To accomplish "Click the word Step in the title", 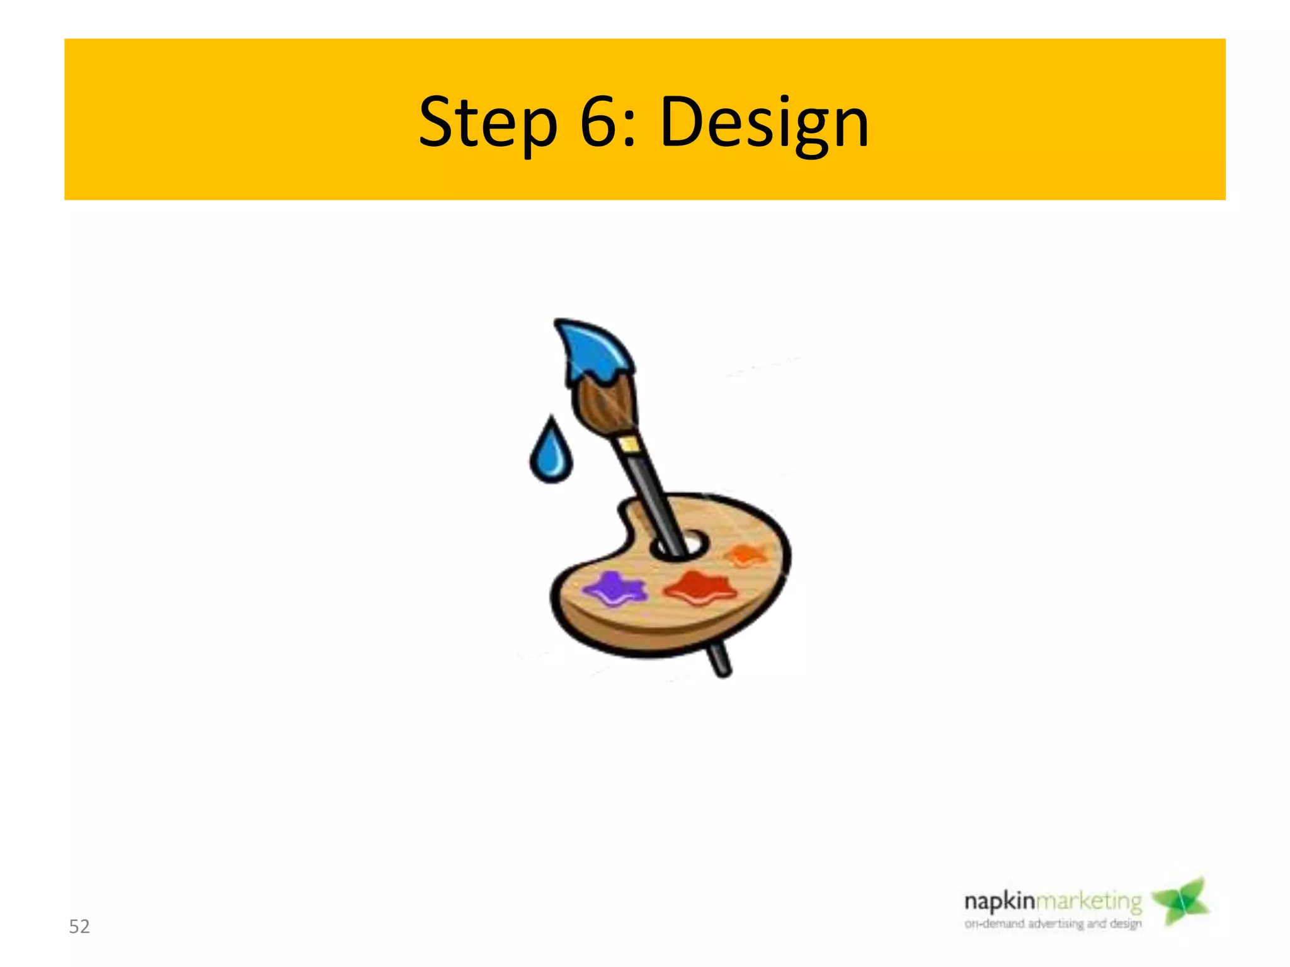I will point(488,122).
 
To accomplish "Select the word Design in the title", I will point(764,122).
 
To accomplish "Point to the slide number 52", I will point(79,926).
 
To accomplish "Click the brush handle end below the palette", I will point(720,661).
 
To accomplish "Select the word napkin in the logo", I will point(1000,902).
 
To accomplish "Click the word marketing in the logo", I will point(1089,902).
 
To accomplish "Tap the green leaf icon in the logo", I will point(1181,902).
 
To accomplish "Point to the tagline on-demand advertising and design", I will point(1053,924).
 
